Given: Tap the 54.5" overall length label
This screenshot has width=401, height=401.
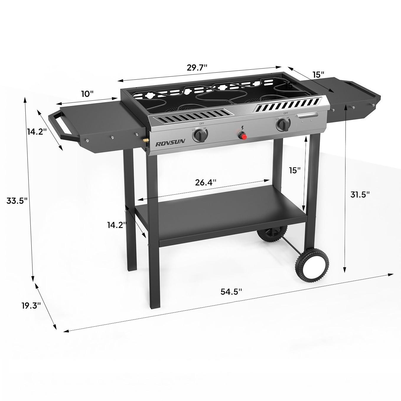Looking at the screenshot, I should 231,291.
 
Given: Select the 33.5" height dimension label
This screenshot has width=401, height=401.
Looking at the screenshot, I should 17,200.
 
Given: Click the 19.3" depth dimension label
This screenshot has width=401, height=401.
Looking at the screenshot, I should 31,306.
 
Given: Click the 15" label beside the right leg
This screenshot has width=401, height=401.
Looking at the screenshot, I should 294,170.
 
